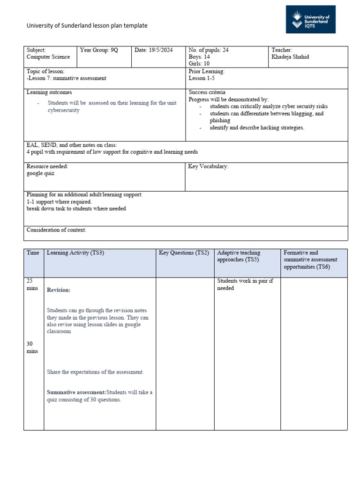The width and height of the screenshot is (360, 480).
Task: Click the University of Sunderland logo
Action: [x=311, y=19]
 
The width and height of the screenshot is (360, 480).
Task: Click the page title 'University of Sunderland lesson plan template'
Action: [x=87, y=26]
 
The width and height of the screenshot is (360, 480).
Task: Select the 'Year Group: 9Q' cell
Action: [x=99, y=50]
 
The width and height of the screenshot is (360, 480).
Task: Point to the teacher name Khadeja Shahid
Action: [x=291, y=57]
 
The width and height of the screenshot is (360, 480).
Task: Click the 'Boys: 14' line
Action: [x=199, y=57]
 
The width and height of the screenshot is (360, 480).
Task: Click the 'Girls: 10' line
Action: [x=199, y=64]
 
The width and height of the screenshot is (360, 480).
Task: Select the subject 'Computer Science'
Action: [x=48, y=57]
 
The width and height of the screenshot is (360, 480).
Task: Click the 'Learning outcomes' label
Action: [x=49, y=93]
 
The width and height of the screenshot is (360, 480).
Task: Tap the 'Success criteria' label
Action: [x=207, y=93]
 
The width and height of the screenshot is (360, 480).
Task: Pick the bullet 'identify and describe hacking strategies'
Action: [x=256, y=128]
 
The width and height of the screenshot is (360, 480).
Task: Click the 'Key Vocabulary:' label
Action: [x=208, y=166]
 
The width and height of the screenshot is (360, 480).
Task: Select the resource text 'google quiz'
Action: [x=41, y=173]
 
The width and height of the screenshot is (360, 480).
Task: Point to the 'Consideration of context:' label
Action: [x=56, y=230]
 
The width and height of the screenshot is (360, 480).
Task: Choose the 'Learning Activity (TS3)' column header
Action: [x=75, y=253]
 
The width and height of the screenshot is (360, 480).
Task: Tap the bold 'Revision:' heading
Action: [x=59, y=290]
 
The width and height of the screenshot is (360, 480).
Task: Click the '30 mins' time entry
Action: [x=32, y=347]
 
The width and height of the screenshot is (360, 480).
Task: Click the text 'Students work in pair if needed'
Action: [x=245, y=285]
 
